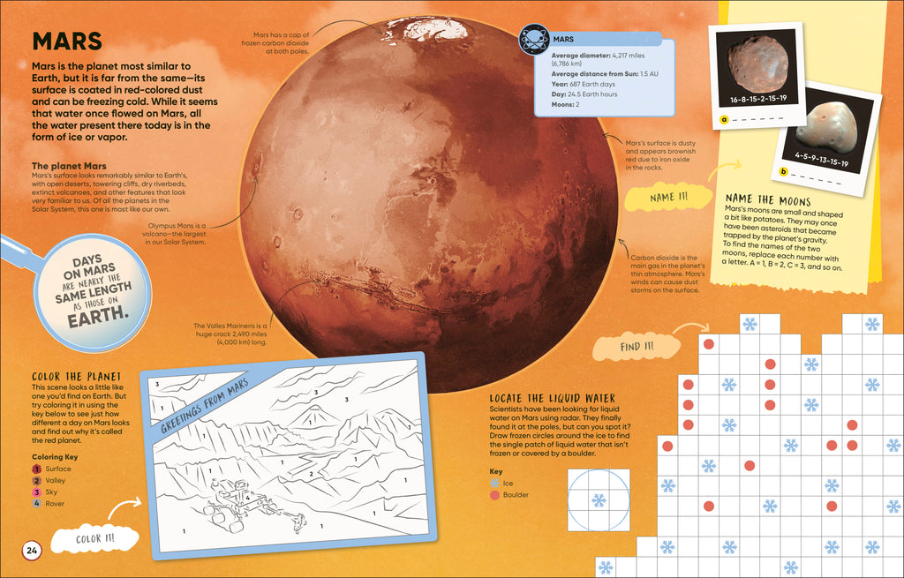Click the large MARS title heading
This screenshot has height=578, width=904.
(x=67, y=41)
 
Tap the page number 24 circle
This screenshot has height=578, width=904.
(x=32, y=552)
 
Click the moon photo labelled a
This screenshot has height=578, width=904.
(x=757, y=64)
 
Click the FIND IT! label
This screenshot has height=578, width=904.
(x=636, y=347)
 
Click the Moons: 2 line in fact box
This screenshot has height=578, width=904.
(x=565, y=105)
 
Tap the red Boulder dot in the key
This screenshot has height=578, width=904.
(x=494, y=495)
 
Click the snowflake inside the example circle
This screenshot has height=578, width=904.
(x=599, y=500)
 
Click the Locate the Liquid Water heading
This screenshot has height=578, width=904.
(x=552, y=399)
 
